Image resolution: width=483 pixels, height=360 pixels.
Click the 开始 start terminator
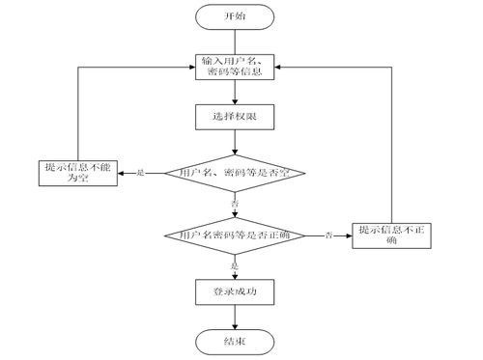click(x=235, y=17)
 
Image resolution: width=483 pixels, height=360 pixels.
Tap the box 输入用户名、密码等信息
click(x=235, y=68)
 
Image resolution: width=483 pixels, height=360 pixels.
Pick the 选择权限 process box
click(x=235, y=118)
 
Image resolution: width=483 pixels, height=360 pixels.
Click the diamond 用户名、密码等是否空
click(x=235, y=174)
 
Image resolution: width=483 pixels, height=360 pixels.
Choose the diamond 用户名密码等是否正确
click(x=235, y=235)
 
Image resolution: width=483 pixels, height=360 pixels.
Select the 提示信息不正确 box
click(x=390, y=235)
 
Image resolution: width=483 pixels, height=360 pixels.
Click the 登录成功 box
click(x=235, y=289)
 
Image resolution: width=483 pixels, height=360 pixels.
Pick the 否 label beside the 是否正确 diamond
click(x=328, y=235)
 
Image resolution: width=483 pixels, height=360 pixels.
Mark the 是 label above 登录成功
click(x=235, y=263)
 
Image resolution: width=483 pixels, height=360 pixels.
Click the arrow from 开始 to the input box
click(x=235, y=41)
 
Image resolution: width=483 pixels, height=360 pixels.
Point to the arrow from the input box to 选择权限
click(x=235, y=93)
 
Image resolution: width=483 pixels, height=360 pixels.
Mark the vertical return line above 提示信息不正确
click(x=391, y=145)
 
